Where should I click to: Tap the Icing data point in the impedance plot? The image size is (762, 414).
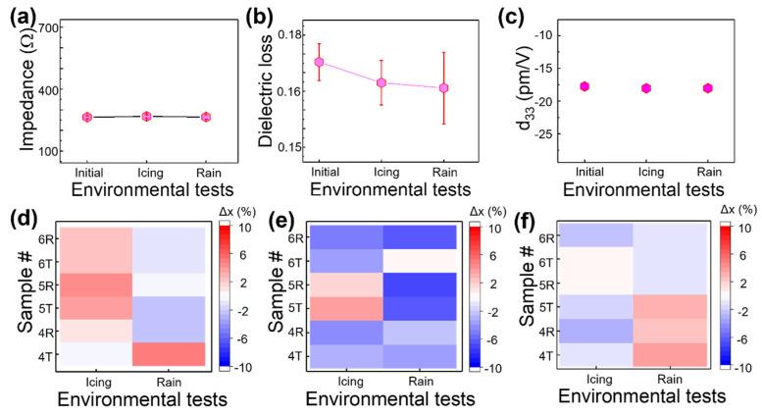[147, 117]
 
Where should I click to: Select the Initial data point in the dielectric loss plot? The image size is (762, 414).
[319, 62]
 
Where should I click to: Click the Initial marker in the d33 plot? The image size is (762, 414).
[584, 86]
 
